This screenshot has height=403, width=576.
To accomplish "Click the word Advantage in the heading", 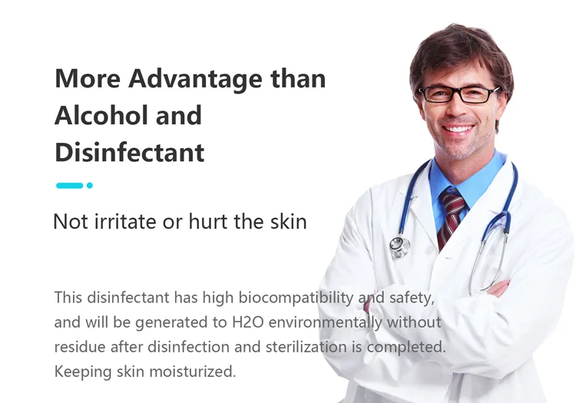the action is point(196,79).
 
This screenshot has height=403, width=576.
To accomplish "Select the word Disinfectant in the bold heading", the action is point(130,152).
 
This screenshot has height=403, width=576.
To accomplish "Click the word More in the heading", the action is point(88,78).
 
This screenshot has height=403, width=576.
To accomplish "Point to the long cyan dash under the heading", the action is point(69,185).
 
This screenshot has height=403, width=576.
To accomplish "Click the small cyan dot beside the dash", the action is point(90,185).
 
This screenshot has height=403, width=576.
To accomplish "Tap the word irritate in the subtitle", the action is point(126,222).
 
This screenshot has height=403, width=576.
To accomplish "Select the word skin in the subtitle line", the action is point(288,222).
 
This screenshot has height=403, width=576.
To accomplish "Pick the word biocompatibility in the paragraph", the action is point(296,298).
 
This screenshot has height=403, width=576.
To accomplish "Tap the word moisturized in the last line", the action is point(193,372).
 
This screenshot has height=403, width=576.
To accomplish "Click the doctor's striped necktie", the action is point(452,217).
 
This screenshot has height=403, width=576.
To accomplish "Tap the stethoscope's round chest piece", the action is point(399,246).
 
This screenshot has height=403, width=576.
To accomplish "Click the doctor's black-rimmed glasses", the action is point(458,94).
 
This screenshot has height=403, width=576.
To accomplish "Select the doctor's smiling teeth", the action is point(458,129).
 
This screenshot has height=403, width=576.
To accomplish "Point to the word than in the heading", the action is point(298,78).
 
